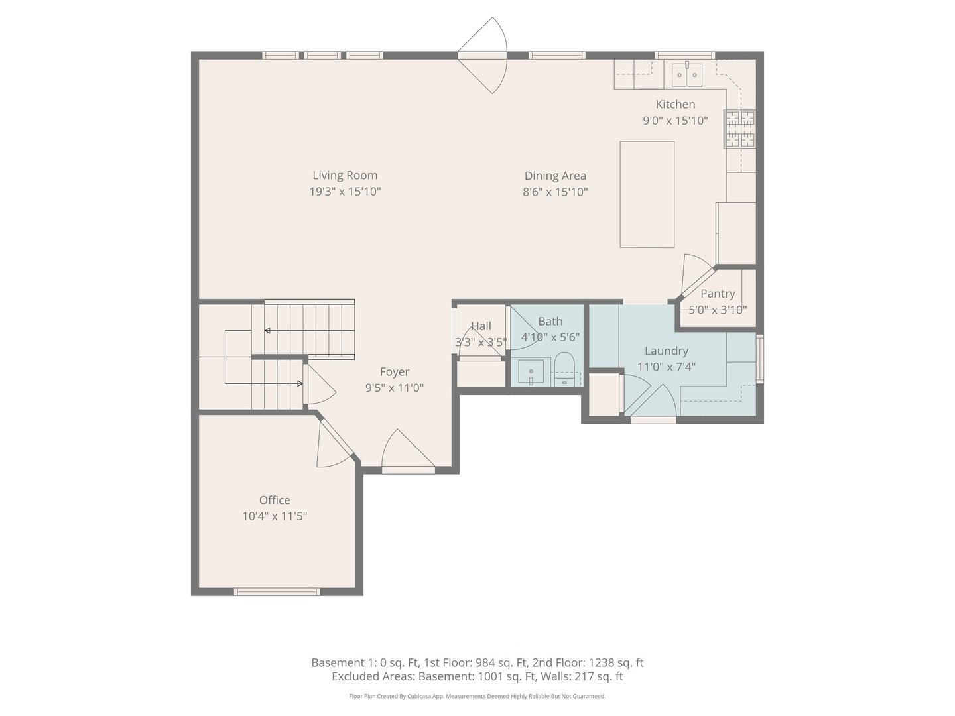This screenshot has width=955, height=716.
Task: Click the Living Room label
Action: tap(345, 176)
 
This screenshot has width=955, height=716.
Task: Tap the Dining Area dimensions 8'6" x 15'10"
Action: tap(555, 192)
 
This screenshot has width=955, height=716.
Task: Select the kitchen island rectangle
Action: tap(647, 194)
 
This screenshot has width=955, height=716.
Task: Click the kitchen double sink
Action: tap(686, 75)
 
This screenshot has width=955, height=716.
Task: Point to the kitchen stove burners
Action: tap(739, 129)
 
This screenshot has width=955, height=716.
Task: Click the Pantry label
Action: tap(718, 294)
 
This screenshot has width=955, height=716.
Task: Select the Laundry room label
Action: tap(666, 351)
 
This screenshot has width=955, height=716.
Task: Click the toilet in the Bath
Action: tap(564, 369)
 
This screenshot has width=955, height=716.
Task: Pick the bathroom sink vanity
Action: tap(531, 371)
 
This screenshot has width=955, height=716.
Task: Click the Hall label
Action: tap(481, 326)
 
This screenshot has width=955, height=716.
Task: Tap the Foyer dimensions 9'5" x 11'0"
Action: tap(394, 388)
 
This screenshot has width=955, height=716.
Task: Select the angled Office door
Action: tap(335, 441)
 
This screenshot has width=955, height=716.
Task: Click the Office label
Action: tap(275, 500)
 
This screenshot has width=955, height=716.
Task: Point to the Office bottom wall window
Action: tap(277, 591)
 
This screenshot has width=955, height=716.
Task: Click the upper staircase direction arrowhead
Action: tap(267, 330)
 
